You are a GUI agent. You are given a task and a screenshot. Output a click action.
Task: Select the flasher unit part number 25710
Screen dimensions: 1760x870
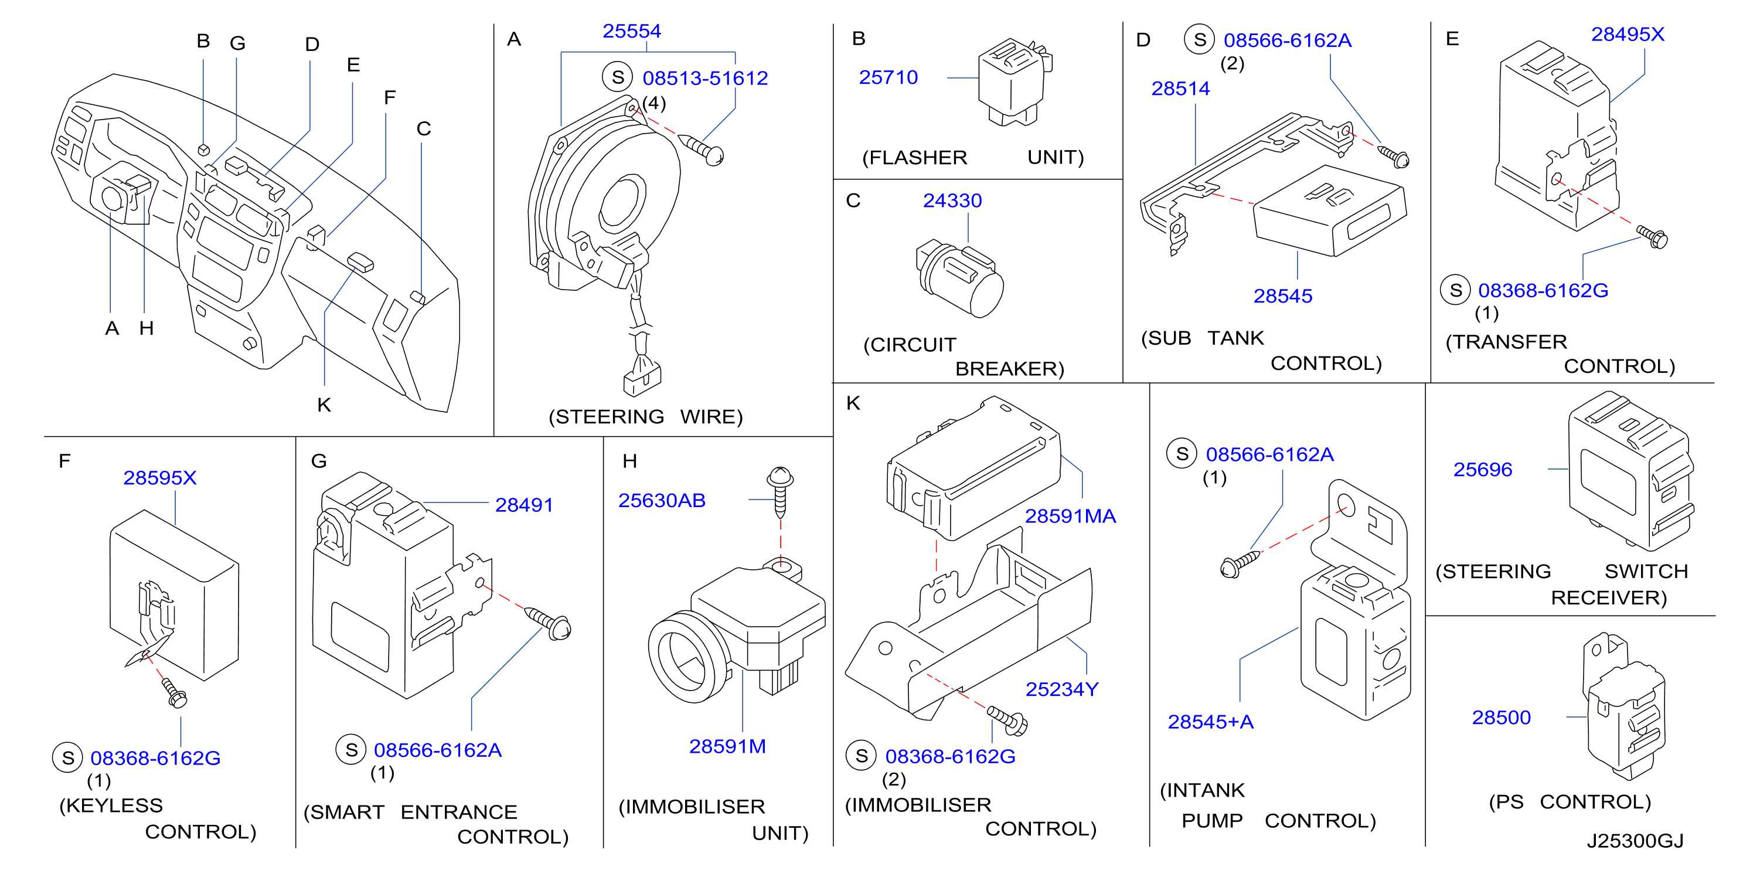pyautogui.click(x=888, y=77)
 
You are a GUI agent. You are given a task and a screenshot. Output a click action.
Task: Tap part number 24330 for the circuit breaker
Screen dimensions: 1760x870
pyautogui.click(x=952, y=200)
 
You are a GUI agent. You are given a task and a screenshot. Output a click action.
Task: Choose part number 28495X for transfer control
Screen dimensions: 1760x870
pyautogui.click(x=1628, y=34)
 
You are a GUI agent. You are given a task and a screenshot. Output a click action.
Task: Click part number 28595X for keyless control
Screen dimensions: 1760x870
pyautogui.click(x=160, y=478)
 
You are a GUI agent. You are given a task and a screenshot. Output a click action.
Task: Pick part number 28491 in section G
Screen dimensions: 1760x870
pyautogui.click(x=524, y=505)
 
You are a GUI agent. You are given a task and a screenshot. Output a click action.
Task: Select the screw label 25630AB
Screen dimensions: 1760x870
pyautogui.click(x=661, y=500)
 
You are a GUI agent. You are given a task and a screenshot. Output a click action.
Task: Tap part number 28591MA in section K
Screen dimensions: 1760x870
pyautogui.click(x=1070, y=516)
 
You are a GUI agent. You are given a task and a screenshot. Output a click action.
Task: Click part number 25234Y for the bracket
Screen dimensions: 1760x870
pyautogui.click(x=1062, y=689)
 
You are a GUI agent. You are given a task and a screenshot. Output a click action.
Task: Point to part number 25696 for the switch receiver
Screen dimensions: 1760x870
pyautogui.click(x=1483, y=470)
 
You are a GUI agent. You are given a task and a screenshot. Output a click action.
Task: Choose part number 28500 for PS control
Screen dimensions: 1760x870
pyautogui.click(x=1501, y=718)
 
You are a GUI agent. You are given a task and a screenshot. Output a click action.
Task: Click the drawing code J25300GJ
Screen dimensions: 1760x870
pyautogui.click(x=1635, y=841)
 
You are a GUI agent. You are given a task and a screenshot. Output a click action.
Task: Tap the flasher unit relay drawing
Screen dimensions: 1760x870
pyautogui.click(x=1013, y=82)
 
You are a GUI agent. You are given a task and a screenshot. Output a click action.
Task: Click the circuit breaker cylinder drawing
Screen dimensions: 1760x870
pyautogui.click(x=959, y=277)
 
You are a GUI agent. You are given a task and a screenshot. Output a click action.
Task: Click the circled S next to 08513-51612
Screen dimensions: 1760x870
pyautogui.click(x=618, y=77)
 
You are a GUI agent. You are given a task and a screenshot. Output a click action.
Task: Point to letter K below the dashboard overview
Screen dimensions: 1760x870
pyautogui.click(x=324, y=405)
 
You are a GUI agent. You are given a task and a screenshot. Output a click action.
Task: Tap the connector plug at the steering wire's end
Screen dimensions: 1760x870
pyautogui.click(x=642, y=378)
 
